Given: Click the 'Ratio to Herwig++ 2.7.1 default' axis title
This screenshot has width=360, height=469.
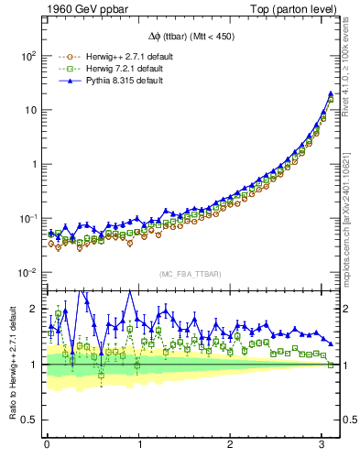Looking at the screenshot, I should [12, 366].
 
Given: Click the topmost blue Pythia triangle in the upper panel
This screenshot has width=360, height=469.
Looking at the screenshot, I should [331, 93].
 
